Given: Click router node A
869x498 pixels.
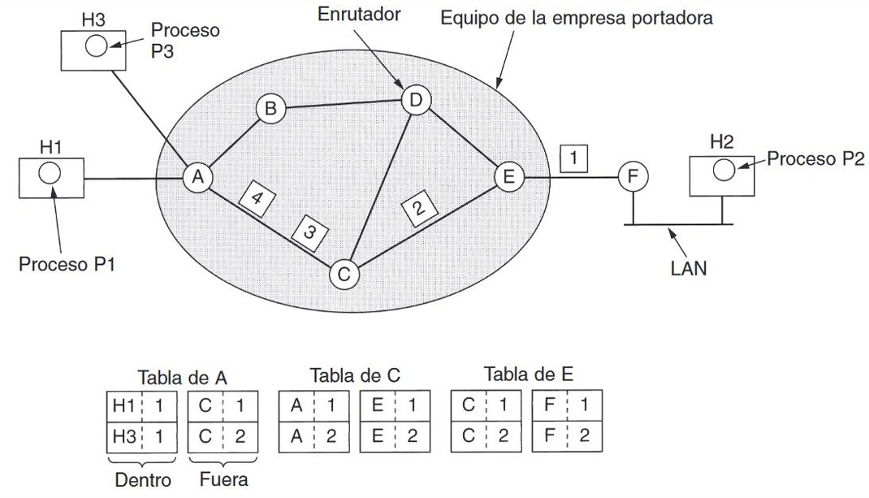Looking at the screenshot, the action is [x=198, y=177].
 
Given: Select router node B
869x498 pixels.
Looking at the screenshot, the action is [x=270, y=108].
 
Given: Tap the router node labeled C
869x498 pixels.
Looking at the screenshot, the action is [x=344, y=274].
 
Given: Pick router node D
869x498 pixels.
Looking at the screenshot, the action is [x=416, y=101].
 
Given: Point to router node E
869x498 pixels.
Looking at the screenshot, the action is [x=508, y=177].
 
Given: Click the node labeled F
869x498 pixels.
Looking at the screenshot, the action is [x=633, y=177].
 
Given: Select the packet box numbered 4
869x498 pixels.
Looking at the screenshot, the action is [x=256, y=198].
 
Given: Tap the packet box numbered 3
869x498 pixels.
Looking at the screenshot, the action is [x=309, y=232].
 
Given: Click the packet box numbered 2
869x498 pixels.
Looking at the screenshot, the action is [x=419, y=208].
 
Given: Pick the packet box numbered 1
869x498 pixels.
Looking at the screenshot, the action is [x=573, y=158].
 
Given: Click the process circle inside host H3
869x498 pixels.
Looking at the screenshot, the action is [x=96, y=46].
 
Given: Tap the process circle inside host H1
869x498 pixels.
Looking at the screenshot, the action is [x=50, y=173].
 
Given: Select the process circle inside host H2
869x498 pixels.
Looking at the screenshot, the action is [x=724, y=170].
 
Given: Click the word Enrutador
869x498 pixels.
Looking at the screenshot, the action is [x=359, y=14].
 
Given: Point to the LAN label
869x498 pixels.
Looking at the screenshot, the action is [x=689, y=268].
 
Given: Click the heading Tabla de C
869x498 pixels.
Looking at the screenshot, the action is [x=355, y=375].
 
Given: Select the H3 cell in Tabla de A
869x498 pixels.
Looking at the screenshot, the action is [x=124, y=437].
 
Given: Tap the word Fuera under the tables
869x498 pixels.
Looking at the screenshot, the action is [x=223, y=479].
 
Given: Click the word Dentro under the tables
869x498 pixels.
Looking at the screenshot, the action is [x=142, y=479].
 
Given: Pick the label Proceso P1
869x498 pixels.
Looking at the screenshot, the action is [x=67, y=264].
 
